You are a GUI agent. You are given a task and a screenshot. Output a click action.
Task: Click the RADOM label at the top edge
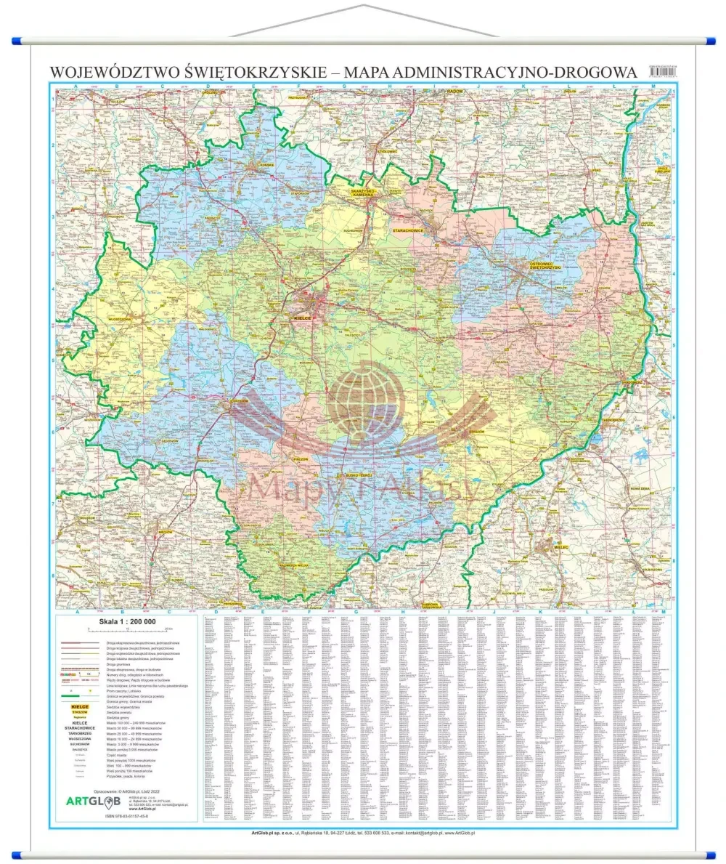pos(454,91)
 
